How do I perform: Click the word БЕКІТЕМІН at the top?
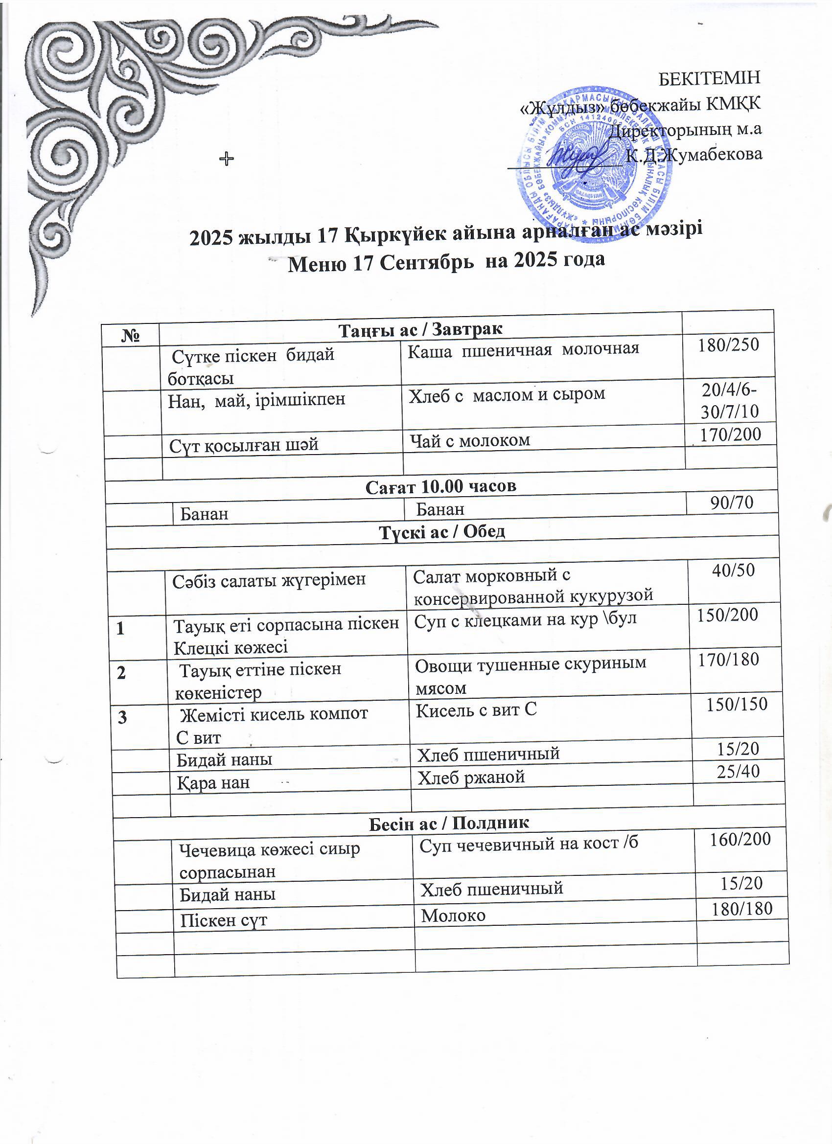click(x=709, y=78)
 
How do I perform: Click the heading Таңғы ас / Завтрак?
click(x=420, y=330)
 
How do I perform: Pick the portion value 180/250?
click(x=728, y=344)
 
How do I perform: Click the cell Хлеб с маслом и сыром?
click(x=507, y=394)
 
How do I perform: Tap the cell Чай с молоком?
click(x=470, y=440)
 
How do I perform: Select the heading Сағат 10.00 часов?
click(x=440, y=486)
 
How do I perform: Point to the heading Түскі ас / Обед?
click(x=441, y=531)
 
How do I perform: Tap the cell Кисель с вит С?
click(x=476, y=710)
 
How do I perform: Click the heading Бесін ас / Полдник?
click(x=448, y=823)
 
